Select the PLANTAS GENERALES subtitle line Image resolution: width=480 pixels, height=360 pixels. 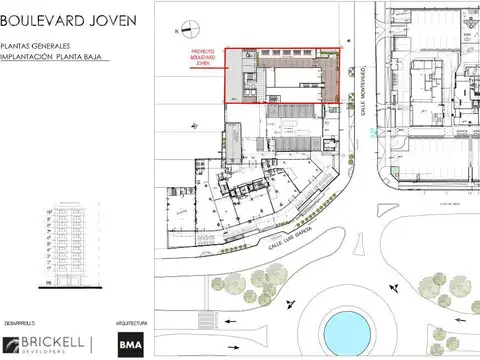(x=35, y=46)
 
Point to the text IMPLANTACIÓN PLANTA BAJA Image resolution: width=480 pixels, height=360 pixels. (x=49, y=57)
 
